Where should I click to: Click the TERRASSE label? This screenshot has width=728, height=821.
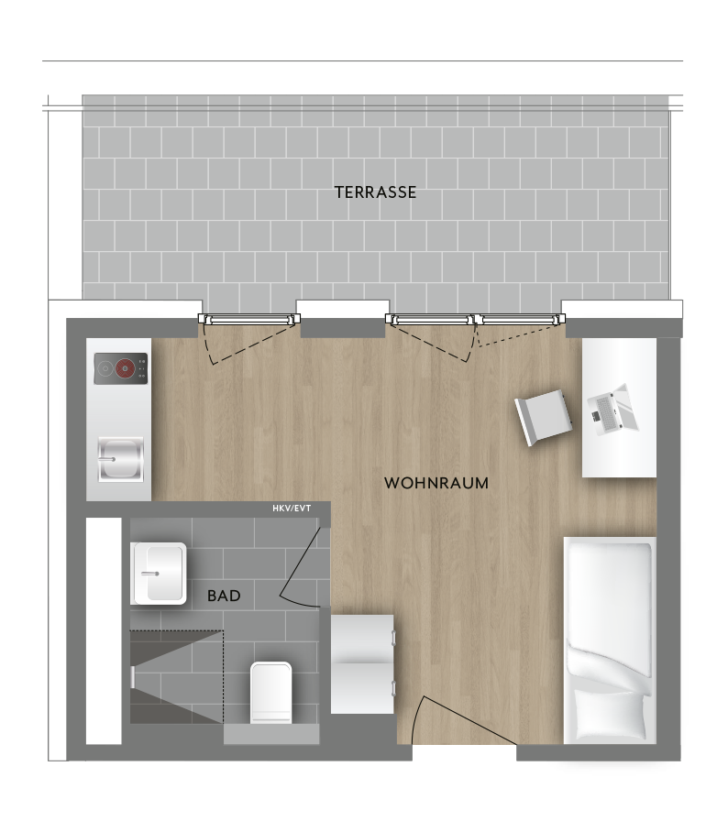point(376,192)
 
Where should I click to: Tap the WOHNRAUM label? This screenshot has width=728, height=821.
point(436,483)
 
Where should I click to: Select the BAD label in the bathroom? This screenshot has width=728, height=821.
point(224,596)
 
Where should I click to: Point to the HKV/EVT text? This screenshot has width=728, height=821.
point(292,509)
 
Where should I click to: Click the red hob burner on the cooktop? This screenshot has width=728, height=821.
point(126,368)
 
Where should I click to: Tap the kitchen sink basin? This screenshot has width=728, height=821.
point(120,459)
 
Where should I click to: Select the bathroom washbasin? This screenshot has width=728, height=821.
point(159,574)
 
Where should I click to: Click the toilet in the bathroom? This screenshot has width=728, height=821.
point(270,694)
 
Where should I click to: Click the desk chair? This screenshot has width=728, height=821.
point(543,417)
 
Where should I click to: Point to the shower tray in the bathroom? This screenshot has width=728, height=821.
point(177,677)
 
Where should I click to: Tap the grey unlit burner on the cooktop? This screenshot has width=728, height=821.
point(105,368)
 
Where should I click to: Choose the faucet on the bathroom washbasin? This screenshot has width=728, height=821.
point(149,574)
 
